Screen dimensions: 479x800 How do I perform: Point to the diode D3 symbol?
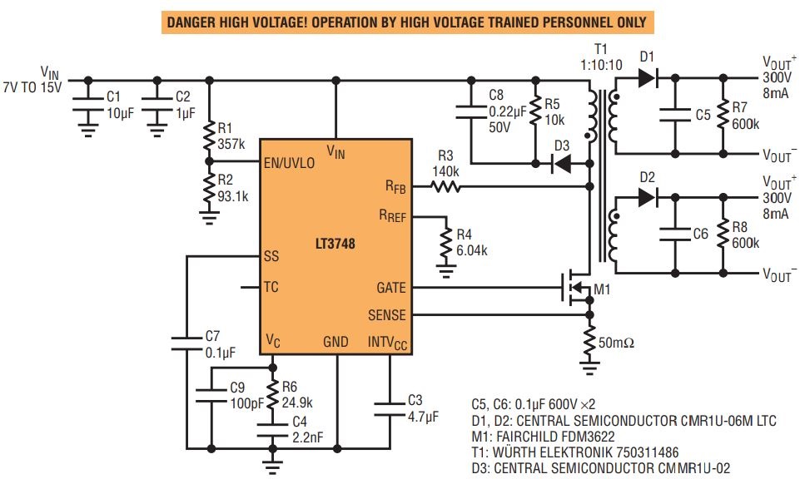tap(564, 164)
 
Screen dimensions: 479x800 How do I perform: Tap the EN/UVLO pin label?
tap(289, 163)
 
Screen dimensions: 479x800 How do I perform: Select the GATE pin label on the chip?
tap(390, 288)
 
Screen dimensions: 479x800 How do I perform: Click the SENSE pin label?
tap(387, 315)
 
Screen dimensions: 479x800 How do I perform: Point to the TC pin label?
tap(271, 288)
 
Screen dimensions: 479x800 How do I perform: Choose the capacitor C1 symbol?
tap(84, 101)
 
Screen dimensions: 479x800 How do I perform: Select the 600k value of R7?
tap(746, 124)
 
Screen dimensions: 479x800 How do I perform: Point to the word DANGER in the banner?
tap(193, 21)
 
